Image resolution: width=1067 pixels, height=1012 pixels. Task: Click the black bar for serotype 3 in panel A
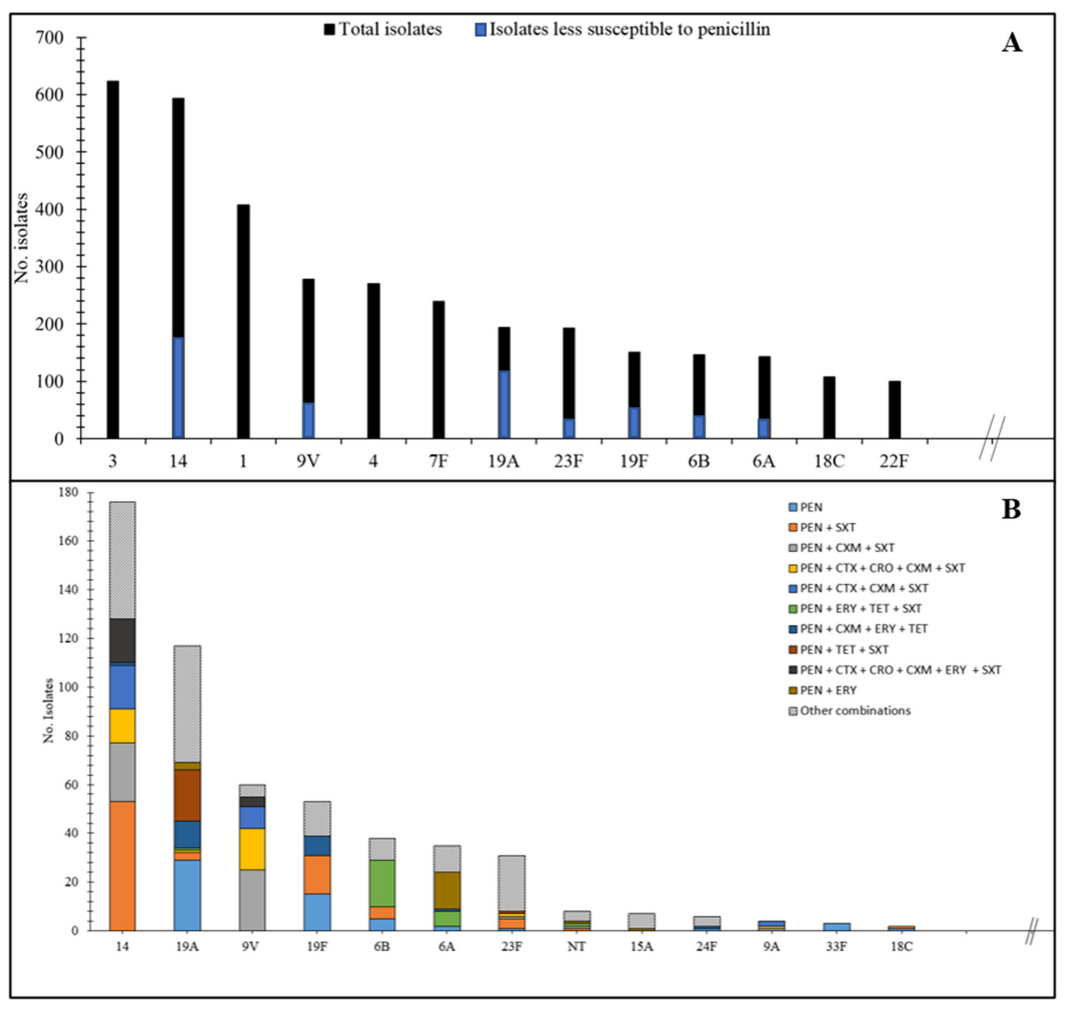point(113,259)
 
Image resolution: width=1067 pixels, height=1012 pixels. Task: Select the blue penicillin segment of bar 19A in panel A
point(504,404)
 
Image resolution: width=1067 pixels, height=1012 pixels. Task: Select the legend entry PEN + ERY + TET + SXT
point(861,608)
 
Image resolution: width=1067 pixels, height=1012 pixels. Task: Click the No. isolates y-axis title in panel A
point(22,237)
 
